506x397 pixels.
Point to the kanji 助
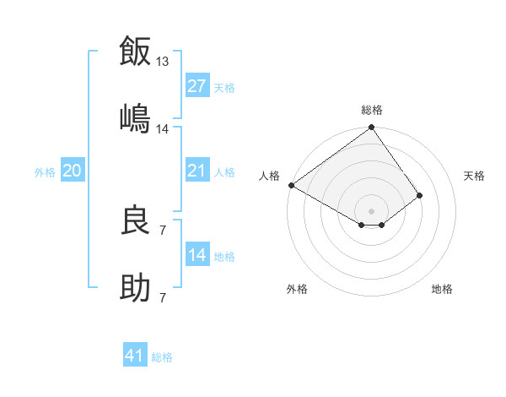click(136, 287)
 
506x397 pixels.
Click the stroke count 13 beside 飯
click(163, 62)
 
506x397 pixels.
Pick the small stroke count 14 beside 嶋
click(163, 128)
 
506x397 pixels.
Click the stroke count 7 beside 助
click(162, 297)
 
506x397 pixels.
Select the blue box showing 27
click(197, 86)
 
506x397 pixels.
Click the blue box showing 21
click(197, 171)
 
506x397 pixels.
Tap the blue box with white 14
click(197, 255)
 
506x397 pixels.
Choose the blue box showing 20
click(72, 171)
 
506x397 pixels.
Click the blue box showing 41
click(135, 356)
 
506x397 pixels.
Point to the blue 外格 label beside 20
click(45, 172)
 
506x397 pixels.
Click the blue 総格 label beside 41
click(162, 357)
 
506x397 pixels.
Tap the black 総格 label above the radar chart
click(372, 110)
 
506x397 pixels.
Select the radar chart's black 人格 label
click(269, 176)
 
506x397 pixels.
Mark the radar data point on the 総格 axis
click(371, 128)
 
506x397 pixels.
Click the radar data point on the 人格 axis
click(291, 185)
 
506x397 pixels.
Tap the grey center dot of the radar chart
click(371, 210)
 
